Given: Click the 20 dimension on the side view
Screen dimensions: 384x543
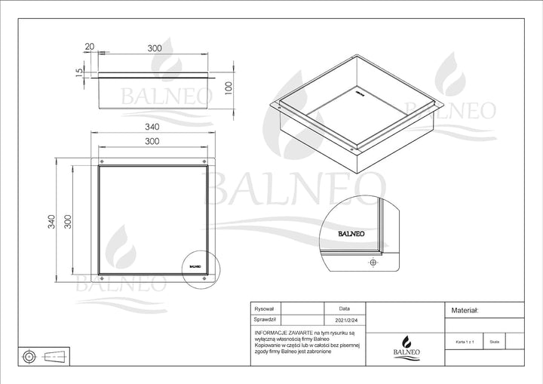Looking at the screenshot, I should point(90,47).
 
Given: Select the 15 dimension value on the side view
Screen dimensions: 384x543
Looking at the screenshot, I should point(78,72).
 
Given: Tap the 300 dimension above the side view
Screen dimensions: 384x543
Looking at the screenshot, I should point(155,47).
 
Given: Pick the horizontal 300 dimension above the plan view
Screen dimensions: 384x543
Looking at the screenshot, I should point(153,141).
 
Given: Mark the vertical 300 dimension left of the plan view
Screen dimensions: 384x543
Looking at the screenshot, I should point(67,221).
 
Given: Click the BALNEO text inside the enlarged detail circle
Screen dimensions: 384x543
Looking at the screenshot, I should point(351,235).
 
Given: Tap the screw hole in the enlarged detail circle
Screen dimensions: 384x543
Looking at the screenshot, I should point(372,263).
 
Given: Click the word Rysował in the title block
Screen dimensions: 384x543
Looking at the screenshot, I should point(265,309).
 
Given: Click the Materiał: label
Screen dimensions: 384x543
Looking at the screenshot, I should point(465,310).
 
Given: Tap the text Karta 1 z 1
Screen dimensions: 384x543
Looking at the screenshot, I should point(465,342).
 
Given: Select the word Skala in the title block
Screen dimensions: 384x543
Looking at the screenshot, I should point(494,342).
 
